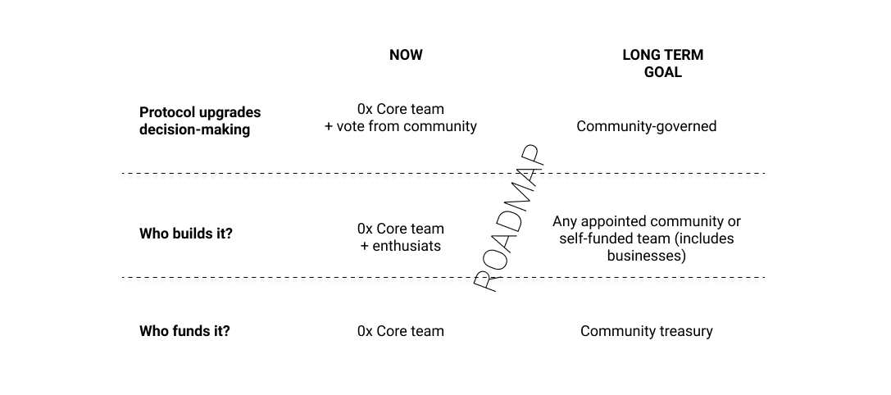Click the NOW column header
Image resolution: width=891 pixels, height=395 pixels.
(x=406, y=55)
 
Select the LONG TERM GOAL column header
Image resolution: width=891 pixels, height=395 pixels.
(x=662, y=63)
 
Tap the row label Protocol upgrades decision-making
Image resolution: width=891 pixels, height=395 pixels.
(x=200, y=120)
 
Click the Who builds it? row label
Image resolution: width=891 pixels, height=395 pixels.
(x=186, y=234)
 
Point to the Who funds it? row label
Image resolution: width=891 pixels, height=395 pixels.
(x=184, y=331)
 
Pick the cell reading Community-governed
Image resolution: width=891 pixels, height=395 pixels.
(x=646, y=126)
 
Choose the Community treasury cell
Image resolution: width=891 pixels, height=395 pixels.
(x=646, y=331)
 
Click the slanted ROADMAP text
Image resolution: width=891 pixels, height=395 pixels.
(x=509, y=219)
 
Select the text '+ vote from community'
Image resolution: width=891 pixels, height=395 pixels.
(x=401, y=126)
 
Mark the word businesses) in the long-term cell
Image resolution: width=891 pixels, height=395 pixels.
(x=646, y=256)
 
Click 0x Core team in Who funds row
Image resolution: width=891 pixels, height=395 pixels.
(x=401, y=331)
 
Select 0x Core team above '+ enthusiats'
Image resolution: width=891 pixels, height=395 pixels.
(x=401, y=229)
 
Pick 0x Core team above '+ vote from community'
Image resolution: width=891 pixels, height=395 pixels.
(x=401, y=109)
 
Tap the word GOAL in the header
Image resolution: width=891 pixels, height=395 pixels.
(x=662, y=72)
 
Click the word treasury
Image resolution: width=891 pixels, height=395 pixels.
(x=684, y=332)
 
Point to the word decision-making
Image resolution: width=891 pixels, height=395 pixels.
(x=194, y=129)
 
